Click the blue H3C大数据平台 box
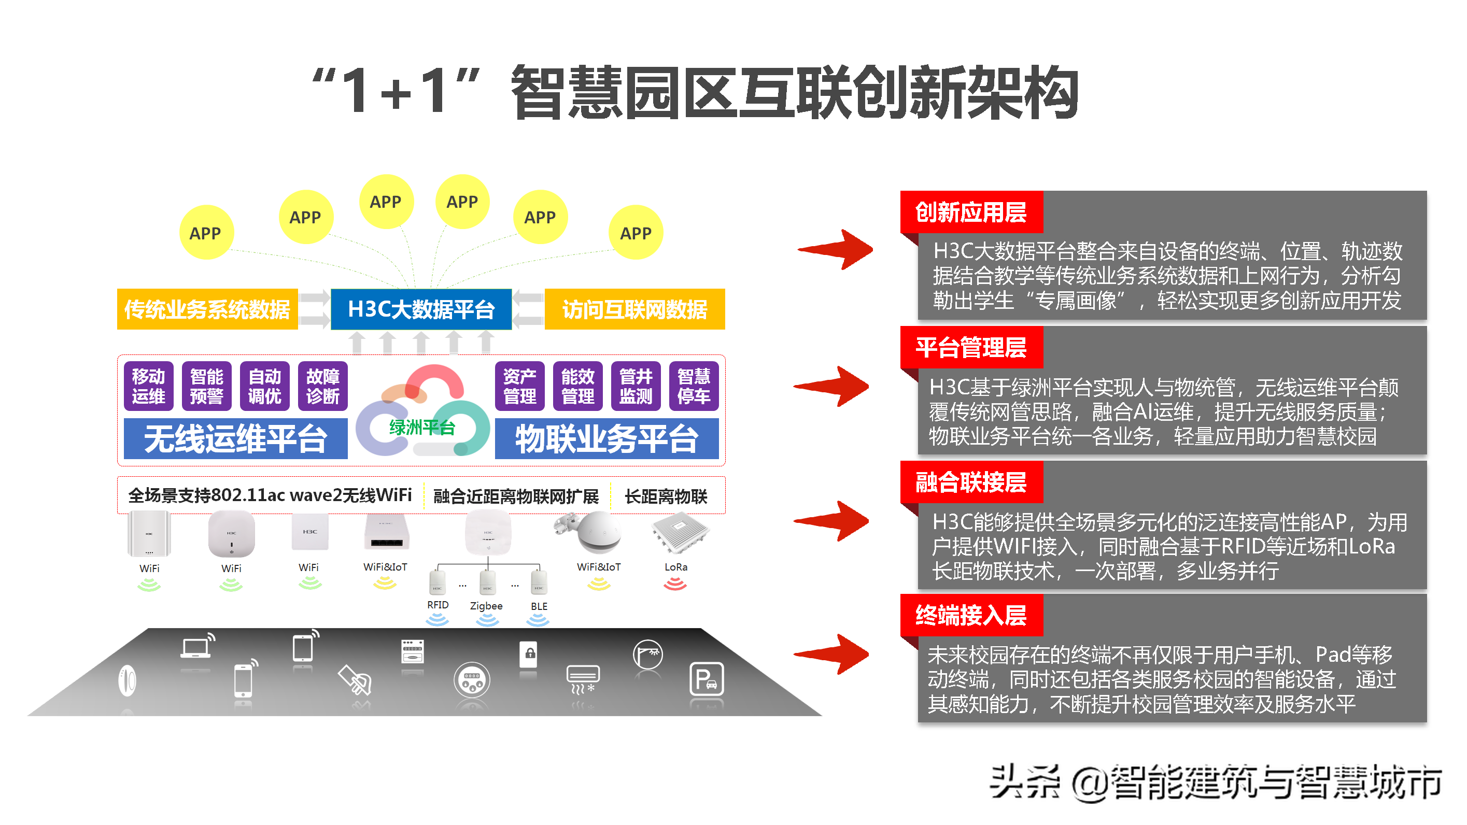tap(421, 309)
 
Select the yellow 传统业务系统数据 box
tap(207, 309)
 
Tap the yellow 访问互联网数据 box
tap(634, 309)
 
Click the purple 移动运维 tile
tap(149, 386)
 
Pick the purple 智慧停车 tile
tap(694, 386)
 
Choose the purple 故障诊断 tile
tap(323, 386)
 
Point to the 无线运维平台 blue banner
tap(235, 438)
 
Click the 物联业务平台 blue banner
tap(606, 438)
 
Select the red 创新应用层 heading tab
tap(971, 212)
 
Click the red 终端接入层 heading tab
tap(971, 616)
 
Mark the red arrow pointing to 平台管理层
tap(833, 387)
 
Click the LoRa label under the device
tap(676, 567)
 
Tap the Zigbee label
tap(486, 606)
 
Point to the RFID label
tap(438, 605)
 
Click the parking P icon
tap(706, 679)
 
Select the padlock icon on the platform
tap(529, 653)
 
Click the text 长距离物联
tap(666, 496)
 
